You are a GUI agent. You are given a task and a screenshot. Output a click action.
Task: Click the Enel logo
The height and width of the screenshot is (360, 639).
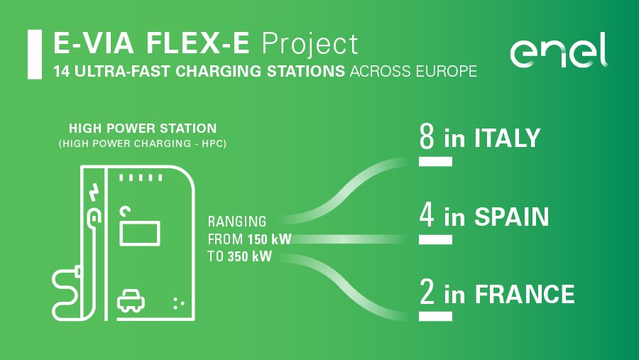559,50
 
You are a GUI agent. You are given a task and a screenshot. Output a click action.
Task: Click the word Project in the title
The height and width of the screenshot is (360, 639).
310,45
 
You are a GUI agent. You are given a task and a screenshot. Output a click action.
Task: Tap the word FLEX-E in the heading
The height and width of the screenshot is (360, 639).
197,43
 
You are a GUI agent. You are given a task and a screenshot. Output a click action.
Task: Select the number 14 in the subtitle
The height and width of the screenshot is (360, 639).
62,71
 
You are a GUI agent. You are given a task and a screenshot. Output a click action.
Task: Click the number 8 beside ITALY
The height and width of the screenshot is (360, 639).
427,136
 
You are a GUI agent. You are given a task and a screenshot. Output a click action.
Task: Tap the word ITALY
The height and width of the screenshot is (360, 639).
507,138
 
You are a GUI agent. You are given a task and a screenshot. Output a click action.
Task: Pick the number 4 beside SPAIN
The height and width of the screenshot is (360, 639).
427,215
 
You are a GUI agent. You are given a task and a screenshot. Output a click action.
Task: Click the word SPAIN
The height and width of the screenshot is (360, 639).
512,217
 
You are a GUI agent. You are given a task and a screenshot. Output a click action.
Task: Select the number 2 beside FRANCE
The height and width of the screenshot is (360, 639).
427,292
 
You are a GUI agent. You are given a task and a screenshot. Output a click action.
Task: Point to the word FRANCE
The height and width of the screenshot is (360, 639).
525,294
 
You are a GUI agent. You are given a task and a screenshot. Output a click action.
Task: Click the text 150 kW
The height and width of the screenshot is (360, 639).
269,239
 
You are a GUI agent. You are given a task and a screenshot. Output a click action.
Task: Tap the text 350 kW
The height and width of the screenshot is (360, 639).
249,256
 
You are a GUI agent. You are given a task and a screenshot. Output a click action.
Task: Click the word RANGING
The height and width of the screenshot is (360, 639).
237,222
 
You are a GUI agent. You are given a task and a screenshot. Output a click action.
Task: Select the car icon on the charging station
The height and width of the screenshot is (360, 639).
131,301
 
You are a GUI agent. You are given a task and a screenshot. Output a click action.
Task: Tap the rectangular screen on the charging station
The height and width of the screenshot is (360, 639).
140,234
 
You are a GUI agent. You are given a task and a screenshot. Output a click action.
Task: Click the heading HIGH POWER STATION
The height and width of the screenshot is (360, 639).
143,129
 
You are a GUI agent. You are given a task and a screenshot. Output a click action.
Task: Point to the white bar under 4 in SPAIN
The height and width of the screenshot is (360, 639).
435,239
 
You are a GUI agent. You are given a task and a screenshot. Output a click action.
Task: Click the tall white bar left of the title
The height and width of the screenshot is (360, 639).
35,54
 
